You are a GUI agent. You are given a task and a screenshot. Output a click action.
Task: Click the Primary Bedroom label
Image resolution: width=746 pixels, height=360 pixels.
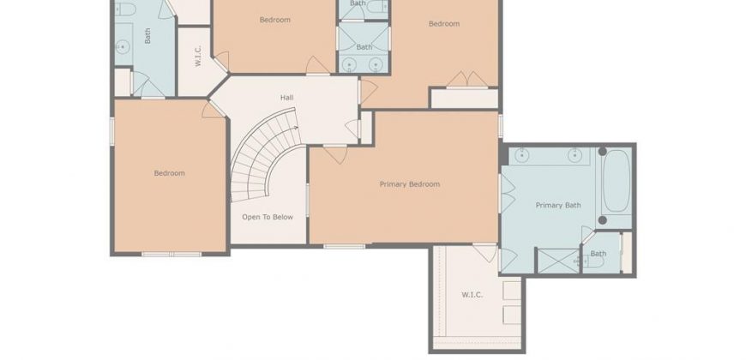(x=410, y=184)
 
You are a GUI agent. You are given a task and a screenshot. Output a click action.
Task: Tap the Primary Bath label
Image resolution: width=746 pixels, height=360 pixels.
(x=558, y=206)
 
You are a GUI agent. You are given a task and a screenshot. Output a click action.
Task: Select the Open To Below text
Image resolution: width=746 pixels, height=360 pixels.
(x=268, y=217)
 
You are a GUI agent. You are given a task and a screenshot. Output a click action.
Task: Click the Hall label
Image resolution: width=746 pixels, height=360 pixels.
(x=287, y=98)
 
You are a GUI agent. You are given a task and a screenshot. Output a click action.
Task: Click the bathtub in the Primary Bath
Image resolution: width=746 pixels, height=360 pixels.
(x=617, y=181)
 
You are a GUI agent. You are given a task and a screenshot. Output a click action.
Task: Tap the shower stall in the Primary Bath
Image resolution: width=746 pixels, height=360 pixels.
(x=558, y=261)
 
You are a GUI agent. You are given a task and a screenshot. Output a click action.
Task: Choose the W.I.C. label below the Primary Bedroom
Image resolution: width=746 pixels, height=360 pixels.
(x=472, y=295)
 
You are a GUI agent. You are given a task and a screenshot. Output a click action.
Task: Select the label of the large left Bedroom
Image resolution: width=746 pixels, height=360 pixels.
(x=170, y=173)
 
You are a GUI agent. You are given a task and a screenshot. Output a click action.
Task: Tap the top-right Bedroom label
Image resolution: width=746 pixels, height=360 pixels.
(x=444, y=24)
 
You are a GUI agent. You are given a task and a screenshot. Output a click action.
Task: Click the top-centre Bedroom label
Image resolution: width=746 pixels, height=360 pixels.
(x=275, y=20)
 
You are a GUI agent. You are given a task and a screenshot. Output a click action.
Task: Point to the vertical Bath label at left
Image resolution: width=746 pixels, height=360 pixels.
(x=147, y=36)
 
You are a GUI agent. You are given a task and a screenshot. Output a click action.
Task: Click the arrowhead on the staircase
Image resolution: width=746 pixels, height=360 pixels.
(x=297, y=128)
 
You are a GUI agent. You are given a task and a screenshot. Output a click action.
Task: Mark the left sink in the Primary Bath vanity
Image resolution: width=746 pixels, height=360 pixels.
(x=522, y=154)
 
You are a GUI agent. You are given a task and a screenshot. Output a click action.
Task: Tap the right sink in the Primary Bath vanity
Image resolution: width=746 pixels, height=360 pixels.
(x=575, y=154)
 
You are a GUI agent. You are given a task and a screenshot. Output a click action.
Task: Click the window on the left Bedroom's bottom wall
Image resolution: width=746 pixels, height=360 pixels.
(x=171, y=255)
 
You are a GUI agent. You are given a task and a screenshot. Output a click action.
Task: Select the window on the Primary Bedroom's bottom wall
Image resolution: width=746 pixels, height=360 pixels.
(x=344, y=246)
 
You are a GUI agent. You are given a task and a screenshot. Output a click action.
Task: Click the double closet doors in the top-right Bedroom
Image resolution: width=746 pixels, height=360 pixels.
(x=467, y=80)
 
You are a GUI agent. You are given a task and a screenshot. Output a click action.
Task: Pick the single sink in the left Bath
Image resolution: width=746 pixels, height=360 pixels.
(x=123, y=47)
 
